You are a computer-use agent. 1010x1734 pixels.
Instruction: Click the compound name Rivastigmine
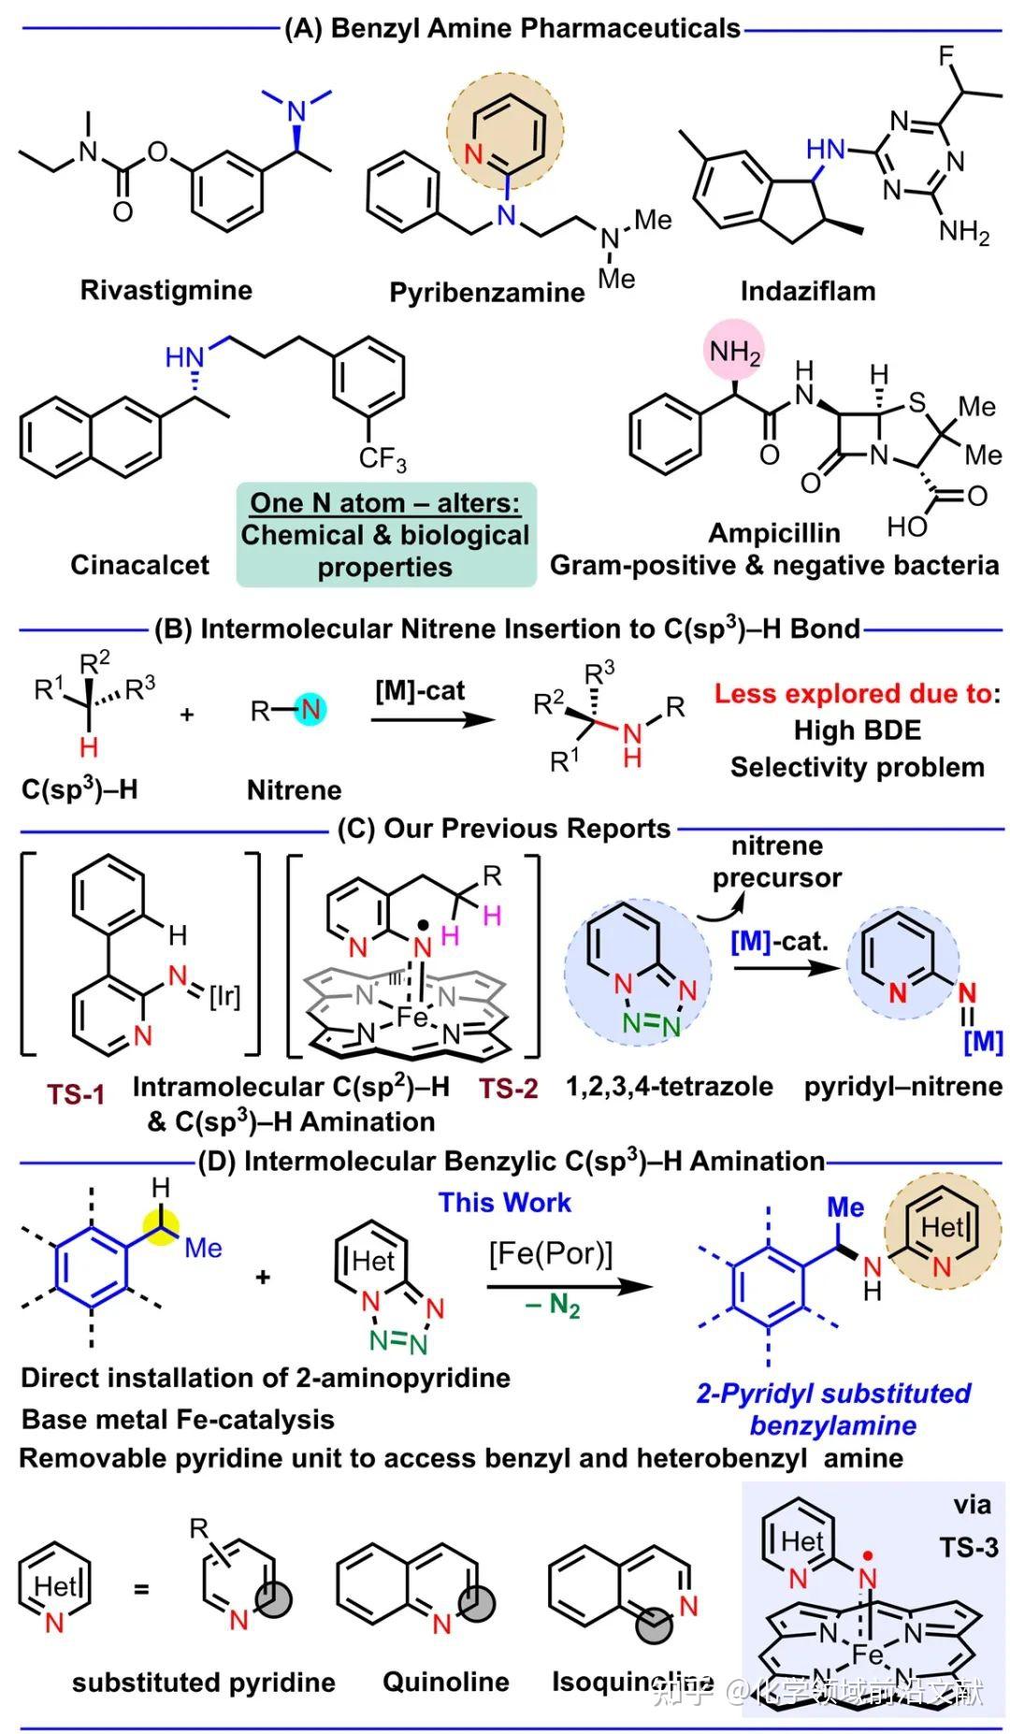(166, 290)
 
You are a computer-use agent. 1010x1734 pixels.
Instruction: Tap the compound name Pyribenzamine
(486, 293)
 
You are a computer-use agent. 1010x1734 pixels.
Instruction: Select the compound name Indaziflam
(808, 291)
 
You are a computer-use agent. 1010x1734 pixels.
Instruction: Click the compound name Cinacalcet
(139, 565)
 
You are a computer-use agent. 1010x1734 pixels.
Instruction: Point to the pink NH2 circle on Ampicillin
(734, 353)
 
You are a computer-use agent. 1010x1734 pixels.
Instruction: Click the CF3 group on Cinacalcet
(382, 459)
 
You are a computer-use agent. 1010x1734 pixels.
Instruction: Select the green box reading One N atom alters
(385, 534)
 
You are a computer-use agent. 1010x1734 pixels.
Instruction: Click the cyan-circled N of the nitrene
(310, 710)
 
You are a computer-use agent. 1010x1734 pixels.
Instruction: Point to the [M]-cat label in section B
(420, 691)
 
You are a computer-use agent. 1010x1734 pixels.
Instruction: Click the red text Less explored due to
(854, 694)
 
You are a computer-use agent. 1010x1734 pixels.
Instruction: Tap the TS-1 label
(76, 1093)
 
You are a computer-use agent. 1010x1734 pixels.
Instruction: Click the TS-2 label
(509, 1088)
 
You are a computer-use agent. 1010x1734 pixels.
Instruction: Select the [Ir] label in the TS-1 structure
(224, 997)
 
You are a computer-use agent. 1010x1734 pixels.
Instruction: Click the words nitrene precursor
(776, 861)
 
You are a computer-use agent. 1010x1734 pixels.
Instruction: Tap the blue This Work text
(504, 1203)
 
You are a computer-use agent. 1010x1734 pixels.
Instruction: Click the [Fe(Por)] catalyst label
(550, 1252)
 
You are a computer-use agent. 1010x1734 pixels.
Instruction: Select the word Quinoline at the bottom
(446, 1682)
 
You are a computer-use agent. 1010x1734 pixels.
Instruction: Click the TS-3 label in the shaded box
(968, 1547)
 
